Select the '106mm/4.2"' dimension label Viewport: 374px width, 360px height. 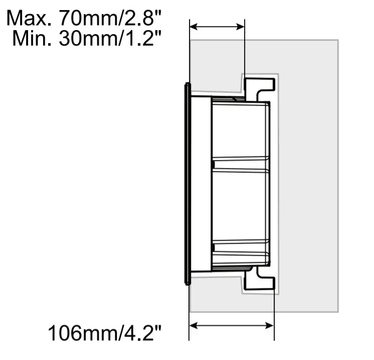click(x=105, y=332)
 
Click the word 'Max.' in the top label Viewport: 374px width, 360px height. click(x=30, y=19)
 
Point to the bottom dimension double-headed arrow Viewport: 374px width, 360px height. click(x=232, y=325)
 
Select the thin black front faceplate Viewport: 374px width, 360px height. click(x=187, y=184)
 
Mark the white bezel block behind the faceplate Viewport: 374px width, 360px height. click(x=201, y=184)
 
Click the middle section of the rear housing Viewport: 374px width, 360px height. click(x=241, y=206)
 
